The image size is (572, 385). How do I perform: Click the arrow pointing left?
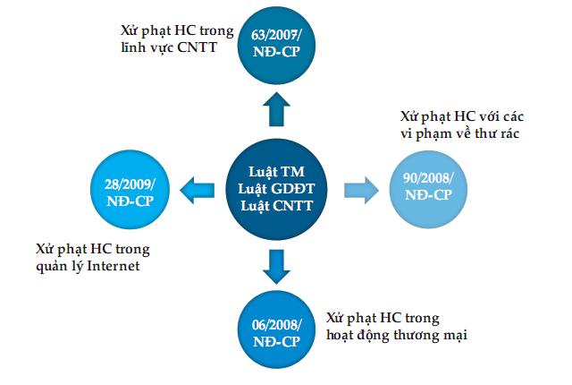tap(196, 189)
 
